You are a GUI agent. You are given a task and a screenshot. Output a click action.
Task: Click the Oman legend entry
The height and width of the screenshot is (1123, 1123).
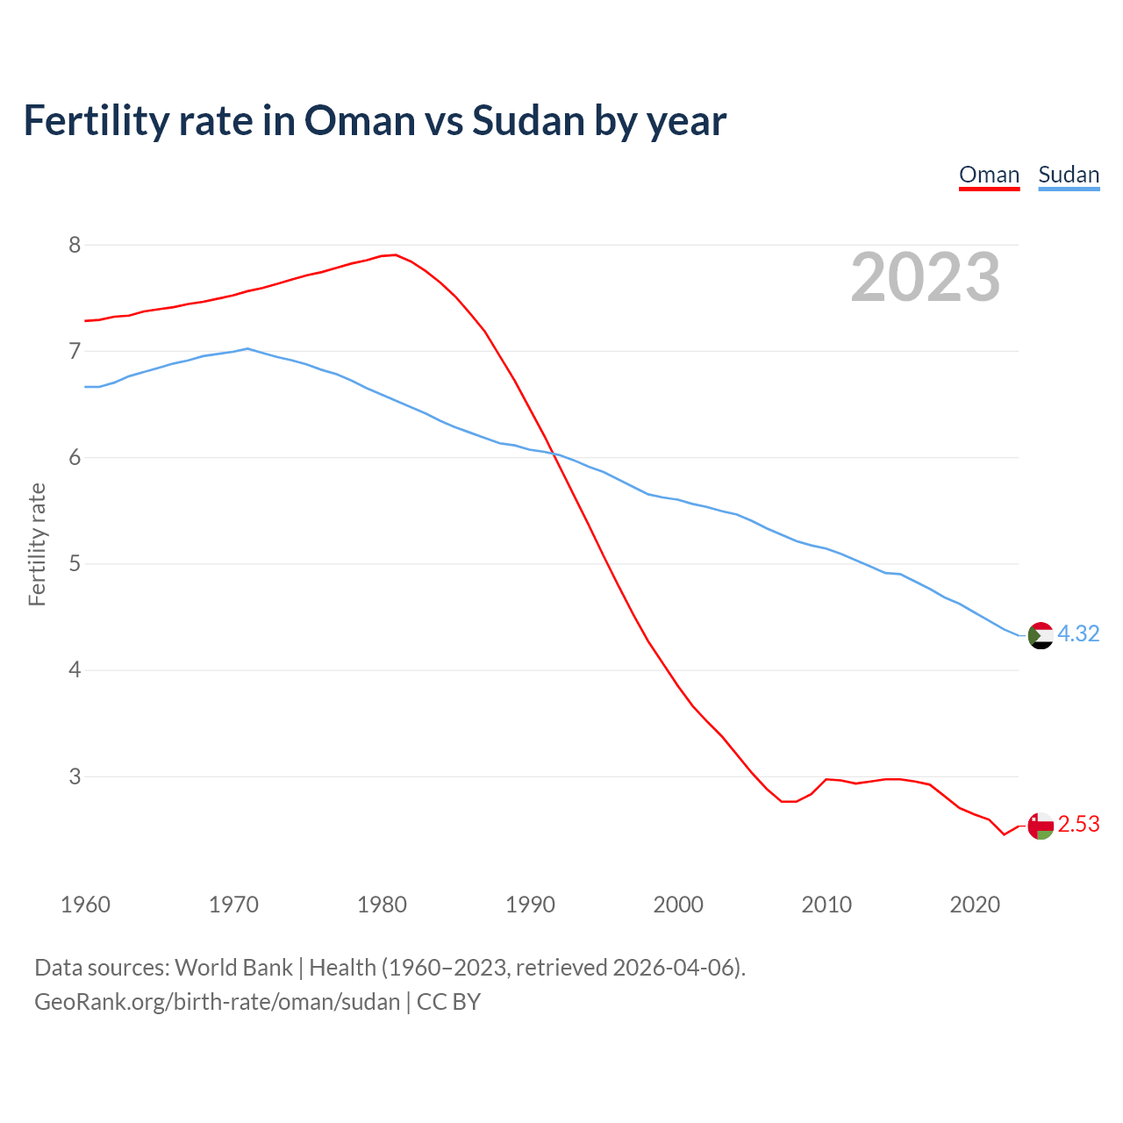pyautogui.click(x=989, y=175)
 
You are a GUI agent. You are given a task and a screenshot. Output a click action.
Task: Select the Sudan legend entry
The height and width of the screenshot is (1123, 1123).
pyautogui.click(x=1069, y=175)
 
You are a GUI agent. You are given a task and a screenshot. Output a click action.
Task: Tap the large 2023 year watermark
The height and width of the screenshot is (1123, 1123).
pyautogui.click(x=926, y=277)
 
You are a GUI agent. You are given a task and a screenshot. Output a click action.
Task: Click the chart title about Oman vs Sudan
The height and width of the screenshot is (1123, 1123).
pyautogui.click(x=375, y=120)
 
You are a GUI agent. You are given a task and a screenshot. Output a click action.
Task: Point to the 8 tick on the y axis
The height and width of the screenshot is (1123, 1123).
pyautogui.click(x=75, y=245)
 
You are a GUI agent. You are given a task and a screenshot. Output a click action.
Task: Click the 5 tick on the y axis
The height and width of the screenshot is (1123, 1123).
pyautogui.click(x=75, y=563)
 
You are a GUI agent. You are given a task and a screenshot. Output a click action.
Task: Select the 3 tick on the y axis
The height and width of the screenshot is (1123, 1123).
pyautogui.click(x=75, y=776)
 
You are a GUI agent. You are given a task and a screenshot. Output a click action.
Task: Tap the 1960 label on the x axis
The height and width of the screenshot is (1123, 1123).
pyautogui.click(x=85, y=905)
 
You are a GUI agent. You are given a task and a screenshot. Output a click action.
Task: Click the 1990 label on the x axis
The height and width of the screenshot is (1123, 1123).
pyautogui.click(x=530, y=905)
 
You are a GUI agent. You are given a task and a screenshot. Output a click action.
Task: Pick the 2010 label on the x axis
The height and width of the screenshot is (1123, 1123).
pyautogui.click(x=826, y=905)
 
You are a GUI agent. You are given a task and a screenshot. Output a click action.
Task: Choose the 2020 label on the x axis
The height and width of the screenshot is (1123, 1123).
pyautogui.click(x=975, y=905)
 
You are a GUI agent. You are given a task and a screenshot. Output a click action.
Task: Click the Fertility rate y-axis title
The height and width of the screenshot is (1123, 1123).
pyautogui.click(x=37, y=544)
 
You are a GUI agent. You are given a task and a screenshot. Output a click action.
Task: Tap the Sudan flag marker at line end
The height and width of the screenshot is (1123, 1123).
pyautogui.click(x=1041, y=635)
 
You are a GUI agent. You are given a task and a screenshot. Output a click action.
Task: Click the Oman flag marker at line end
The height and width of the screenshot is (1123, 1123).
pyautogui.click(x=1041, y=826)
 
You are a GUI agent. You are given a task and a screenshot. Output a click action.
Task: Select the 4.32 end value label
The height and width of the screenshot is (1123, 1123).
pyautogui.click(x=1078, y=633)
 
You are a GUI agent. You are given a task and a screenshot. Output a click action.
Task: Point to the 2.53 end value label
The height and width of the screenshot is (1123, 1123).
pyautogui.click(x=1078, y=825)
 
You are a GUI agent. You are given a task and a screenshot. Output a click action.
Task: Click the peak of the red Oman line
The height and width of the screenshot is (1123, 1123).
pyautogui.click(x=395, y=255)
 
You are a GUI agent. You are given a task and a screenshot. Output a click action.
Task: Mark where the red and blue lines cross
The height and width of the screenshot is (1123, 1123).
pyautogui.click(x=554, y=454)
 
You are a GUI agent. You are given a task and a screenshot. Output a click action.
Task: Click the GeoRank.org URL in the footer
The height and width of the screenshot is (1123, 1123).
pyautogui.click(x=217, y=1002)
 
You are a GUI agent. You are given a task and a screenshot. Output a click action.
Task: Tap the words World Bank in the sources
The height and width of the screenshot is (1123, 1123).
pyautogui.click(x=233, y=968)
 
